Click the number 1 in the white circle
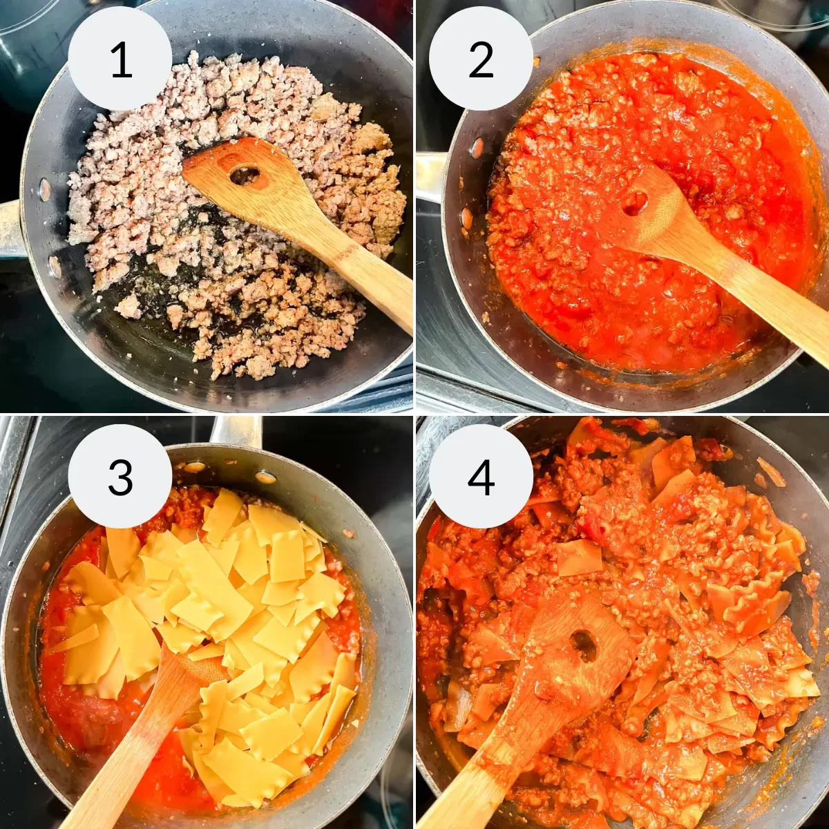pyautogui.click(x=120, y=59)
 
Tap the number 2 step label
pyautogui.click(x=481, y=59)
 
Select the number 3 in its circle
pyautogui.click(x=120, y=477)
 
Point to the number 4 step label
pyautogui.click(x=481, y=477)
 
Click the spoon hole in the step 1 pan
pyautogui.click(x=244, y=175)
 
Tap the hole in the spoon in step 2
pyautogui.click(x=634, y=202)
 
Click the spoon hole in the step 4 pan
pyautogui.click(x=584, y=646)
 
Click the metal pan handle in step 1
pyautogui.click(x=10, y=228)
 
